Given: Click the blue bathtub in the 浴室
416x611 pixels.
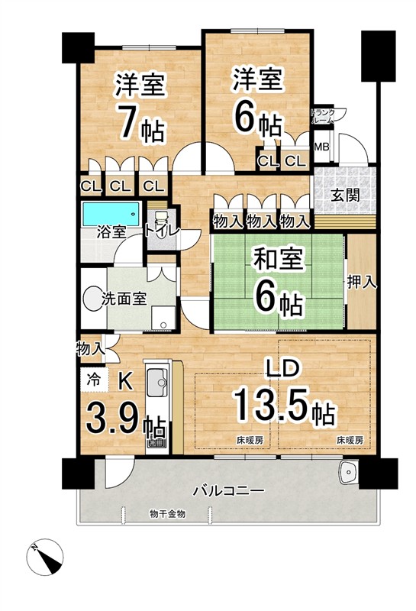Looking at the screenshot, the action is tap(111, 214).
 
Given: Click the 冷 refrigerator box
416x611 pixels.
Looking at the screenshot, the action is tap(93, 379).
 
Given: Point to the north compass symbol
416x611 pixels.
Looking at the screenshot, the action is tap(46, 557).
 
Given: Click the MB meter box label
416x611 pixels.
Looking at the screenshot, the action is tap(322, 147).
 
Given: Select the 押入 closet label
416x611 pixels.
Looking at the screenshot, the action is tap(362, 282).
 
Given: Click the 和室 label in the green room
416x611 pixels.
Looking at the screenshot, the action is tap(278, 260).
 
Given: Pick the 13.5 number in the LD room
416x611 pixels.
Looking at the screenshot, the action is tap(272, 404).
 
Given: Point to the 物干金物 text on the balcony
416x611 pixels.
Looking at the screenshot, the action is tap(167, 514).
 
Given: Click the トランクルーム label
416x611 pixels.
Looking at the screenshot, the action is tap(323, 116).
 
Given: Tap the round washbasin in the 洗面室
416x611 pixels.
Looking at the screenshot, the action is tap(92, 299).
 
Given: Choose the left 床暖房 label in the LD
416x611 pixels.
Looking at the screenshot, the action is tap(250, 441).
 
